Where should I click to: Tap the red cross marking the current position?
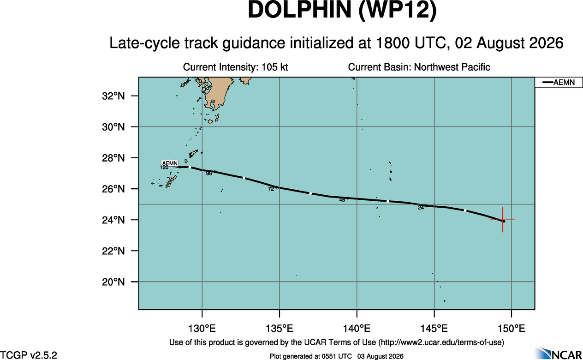502,220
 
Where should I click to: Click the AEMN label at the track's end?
170,163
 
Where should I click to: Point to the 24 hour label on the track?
421,208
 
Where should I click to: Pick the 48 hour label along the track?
342,200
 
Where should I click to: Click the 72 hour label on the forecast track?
271,189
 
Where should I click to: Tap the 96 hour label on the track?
209,174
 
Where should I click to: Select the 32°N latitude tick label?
113,96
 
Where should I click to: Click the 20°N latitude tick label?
113,282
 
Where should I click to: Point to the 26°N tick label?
113,189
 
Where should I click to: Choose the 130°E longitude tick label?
202,329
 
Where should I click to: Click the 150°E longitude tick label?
512,329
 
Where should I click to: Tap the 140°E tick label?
357,329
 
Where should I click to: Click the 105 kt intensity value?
274,67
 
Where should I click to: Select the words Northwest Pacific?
452,67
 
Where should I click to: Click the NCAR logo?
558,353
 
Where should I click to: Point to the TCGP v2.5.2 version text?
29,355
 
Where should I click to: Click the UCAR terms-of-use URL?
441,342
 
